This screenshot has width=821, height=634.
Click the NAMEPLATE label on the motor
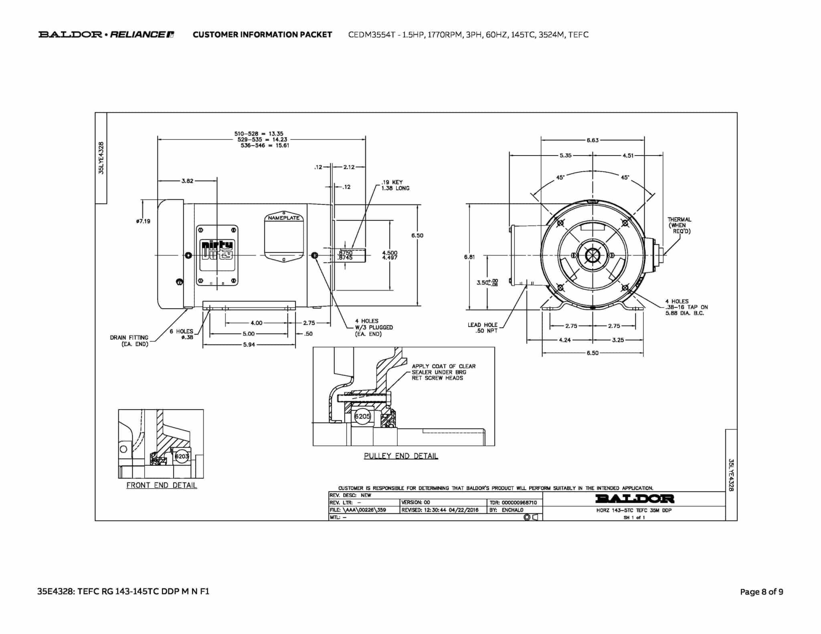tap(283, 218)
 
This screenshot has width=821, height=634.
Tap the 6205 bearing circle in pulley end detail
tap(362, 416)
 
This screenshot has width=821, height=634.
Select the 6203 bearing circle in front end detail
tap(182, 456)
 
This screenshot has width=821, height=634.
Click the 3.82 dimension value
tap(187, 181)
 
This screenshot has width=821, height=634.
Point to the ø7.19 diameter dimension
tap(143, 221)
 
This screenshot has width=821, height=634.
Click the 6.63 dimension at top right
tap(592, 140)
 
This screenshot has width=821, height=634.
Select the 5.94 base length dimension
tap(249, 345)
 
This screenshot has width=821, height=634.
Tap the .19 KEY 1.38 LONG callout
tap(395, 185)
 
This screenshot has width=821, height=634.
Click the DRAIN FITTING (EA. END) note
tap(129, 341)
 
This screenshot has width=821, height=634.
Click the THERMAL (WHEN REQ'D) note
tap(679, 225)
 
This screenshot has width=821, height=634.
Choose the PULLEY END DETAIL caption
tap(401, 456)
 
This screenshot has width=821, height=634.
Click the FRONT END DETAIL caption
tap(162, 485)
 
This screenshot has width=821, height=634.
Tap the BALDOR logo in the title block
tap(635, 499)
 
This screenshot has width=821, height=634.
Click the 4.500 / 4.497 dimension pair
tap(390, 255)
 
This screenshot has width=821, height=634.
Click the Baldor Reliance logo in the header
tap(106, 34)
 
